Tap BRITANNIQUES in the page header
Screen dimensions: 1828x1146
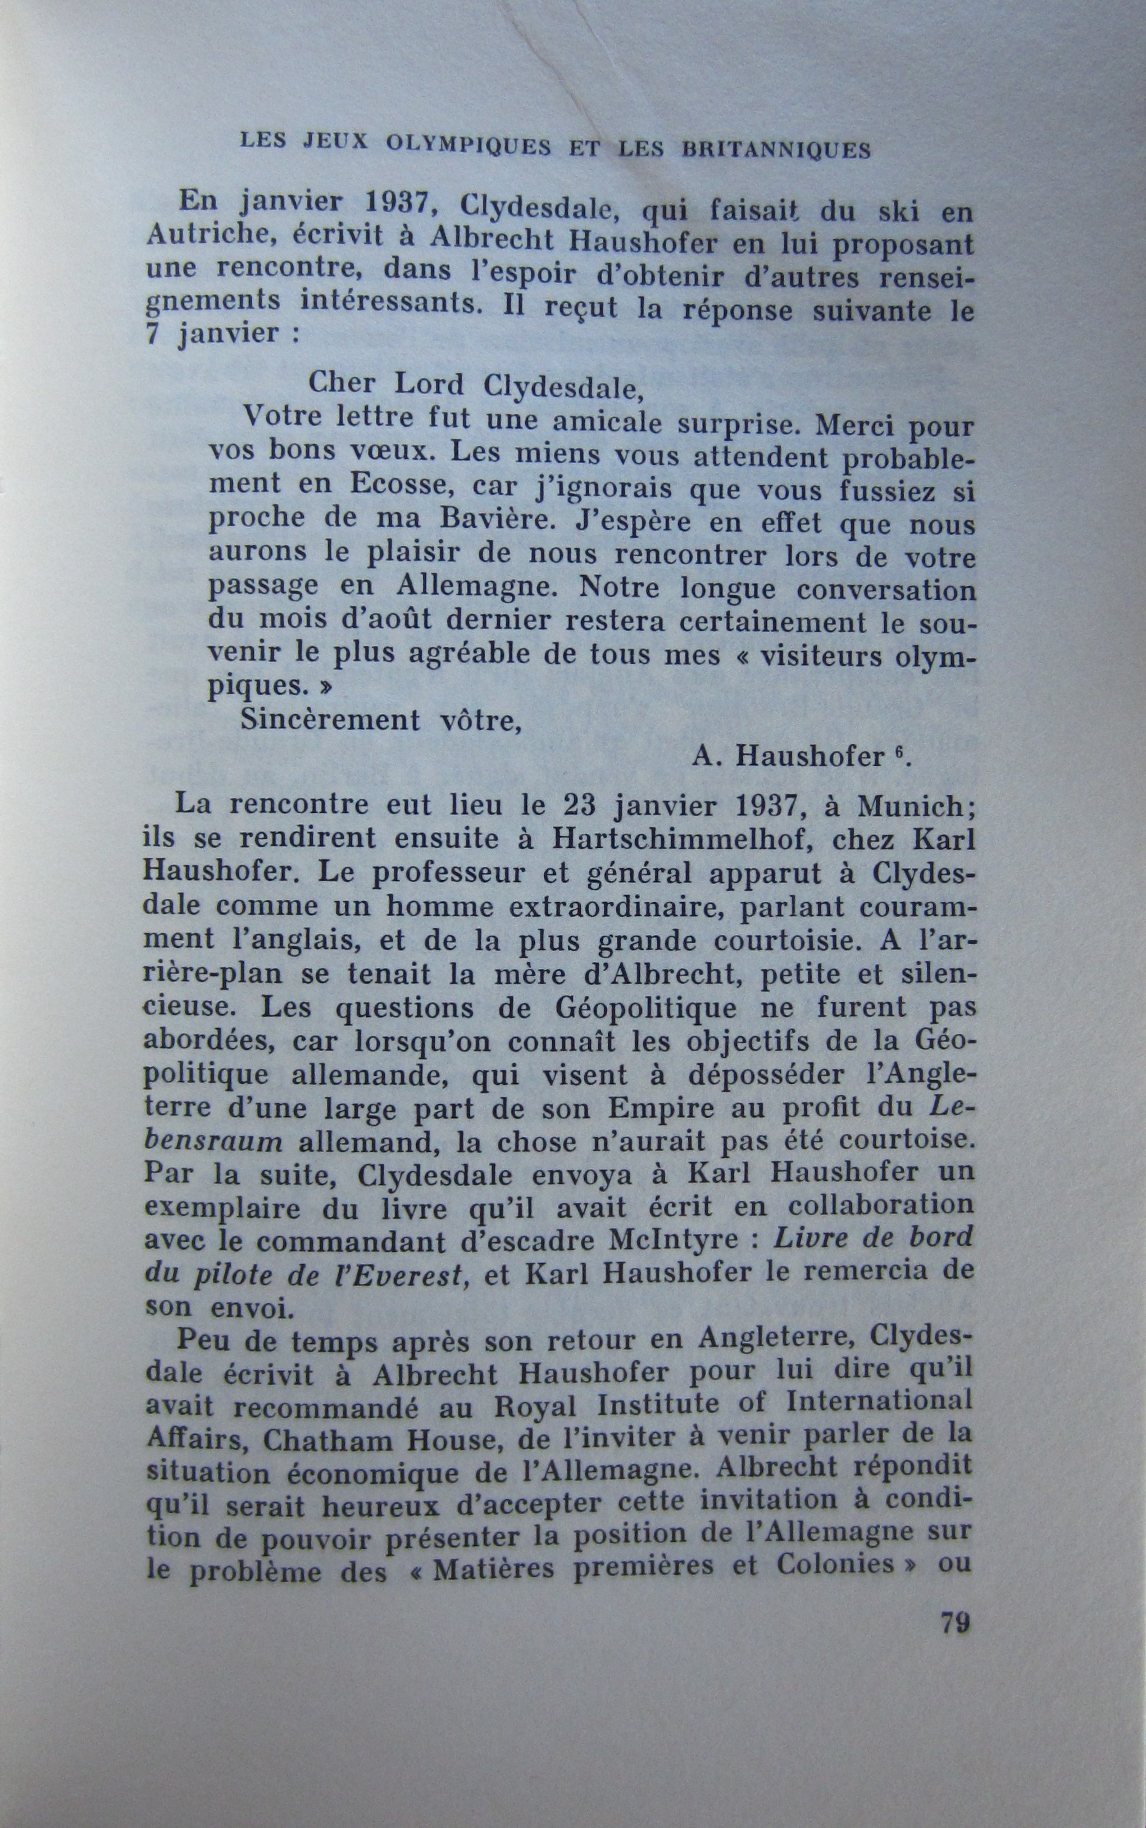(x=776, y=150)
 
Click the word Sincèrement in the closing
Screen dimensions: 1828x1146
(x=321, y=720)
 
